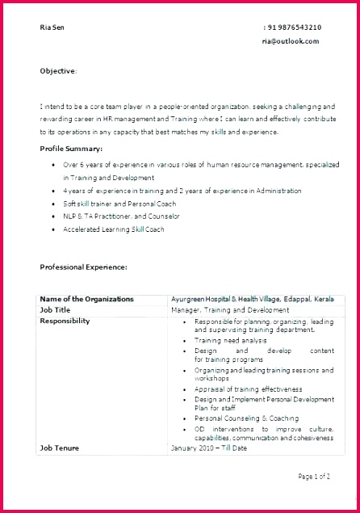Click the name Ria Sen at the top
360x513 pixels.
52,27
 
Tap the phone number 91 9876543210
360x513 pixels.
294,27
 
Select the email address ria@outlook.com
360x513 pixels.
291,40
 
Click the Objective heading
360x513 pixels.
58,71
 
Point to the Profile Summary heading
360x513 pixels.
71,149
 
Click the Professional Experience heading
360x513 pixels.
83,267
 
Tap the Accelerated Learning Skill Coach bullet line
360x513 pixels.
114,229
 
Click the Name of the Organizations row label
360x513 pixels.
87,299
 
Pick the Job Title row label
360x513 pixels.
56,309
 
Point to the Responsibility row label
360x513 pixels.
65,321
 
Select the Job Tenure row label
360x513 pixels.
59,447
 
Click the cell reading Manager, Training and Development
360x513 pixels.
230,309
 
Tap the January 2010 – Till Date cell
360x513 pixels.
209,447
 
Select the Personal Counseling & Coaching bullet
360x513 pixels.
246,418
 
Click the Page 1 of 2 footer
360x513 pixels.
314,477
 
